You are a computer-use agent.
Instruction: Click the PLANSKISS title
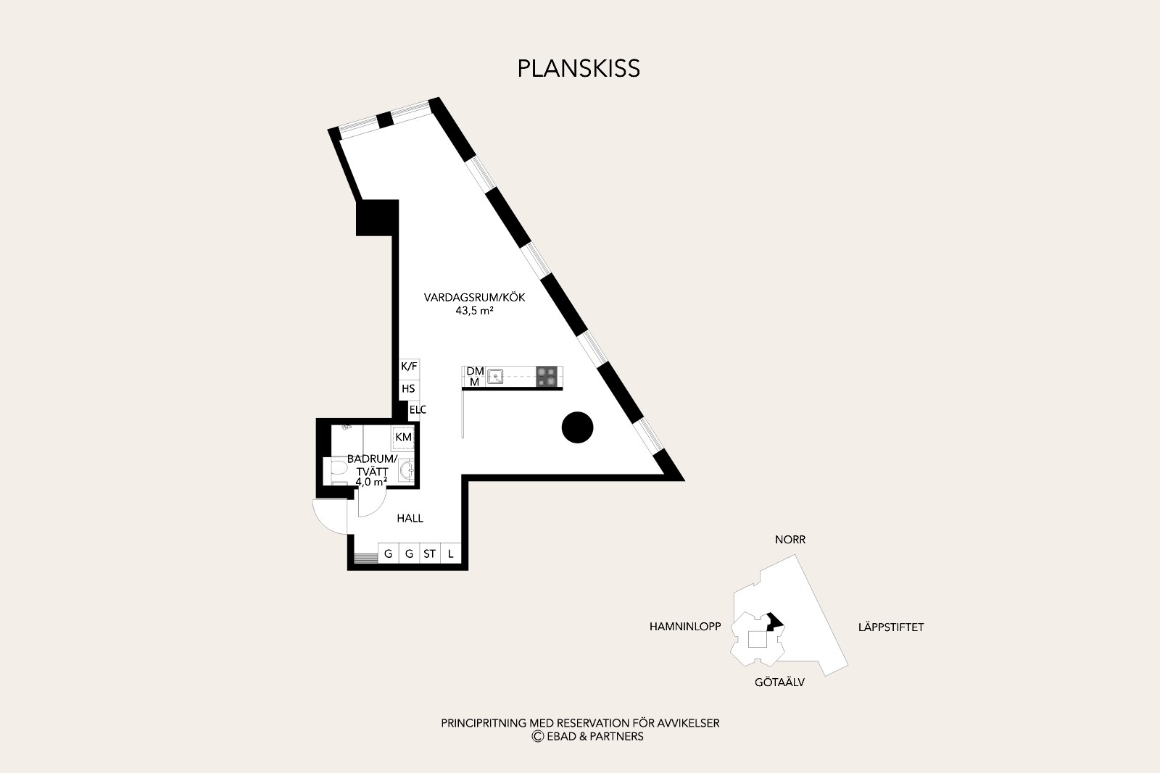(579, 69)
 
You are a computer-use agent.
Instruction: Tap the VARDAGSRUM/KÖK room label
(474, 298)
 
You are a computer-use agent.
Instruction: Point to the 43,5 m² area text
(474, 311)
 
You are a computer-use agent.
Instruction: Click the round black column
(577, 427)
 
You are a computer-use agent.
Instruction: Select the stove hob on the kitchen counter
(547, 376)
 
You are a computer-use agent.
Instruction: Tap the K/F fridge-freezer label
(409, 367)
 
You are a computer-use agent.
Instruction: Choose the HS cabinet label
(408, 388)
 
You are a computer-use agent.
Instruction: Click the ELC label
(418, 410)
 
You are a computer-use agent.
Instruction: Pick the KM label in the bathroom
(403, 437)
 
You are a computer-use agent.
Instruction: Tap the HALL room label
(410, 518)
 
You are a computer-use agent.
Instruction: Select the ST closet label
(429, 554)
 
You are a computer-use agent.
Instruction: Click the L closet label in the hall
(450, 554)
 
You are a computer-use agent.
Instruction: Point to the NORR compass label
(790, 540)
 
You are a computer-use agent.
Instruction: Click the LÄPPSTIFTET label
(891, 627)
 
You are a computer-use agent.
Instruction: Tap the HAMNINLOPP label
(685, 627)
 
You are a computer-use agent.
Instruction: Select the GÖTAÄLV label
(779, 682)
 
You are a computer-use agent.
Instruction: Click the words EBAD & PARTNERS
(595, 736)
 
